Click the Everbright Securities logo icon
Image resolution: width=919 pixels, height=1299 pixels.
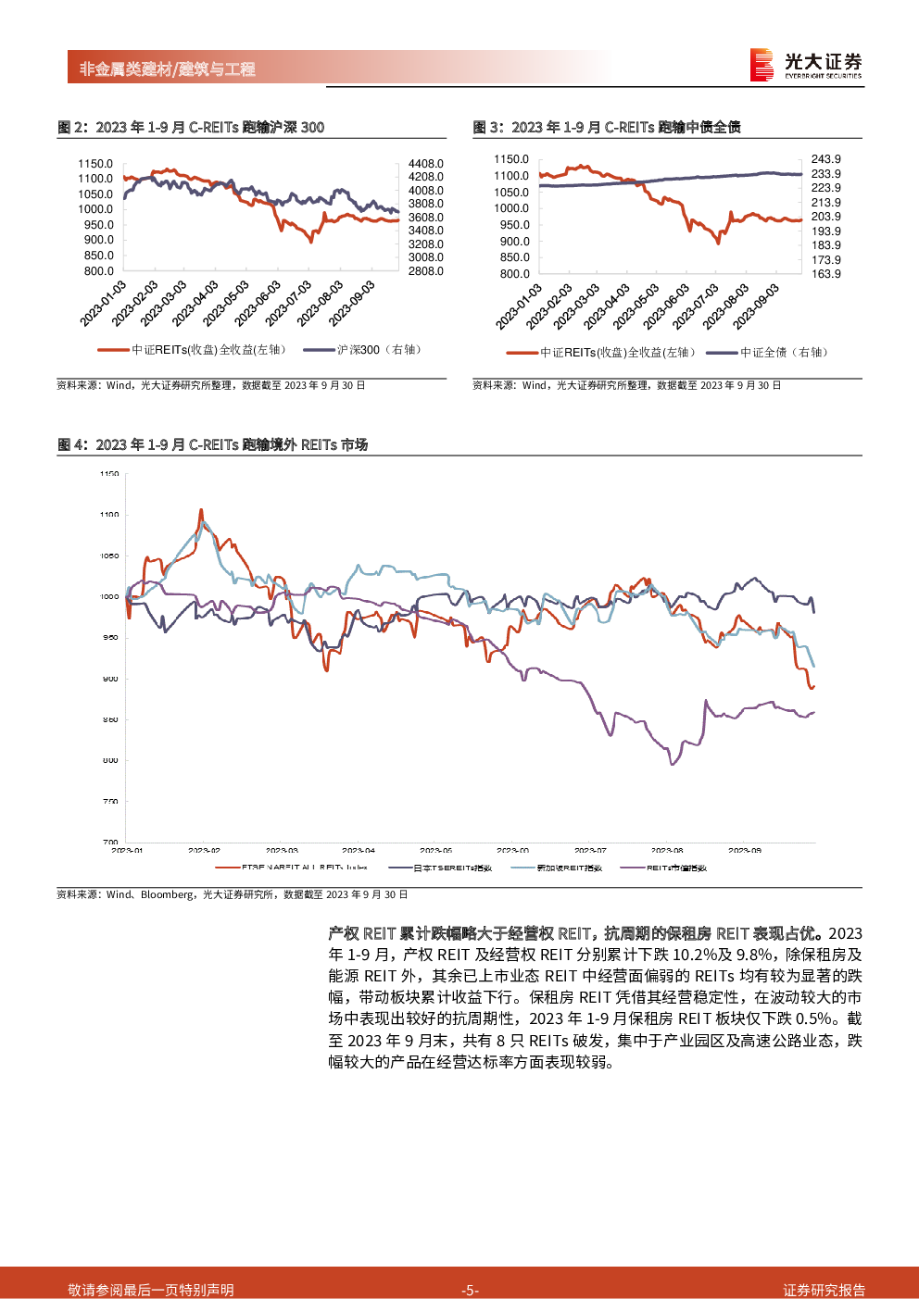click(x=762, y=65)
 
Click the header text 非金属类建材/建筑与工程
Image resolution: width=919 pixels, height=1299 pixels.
click(x=167, y=69)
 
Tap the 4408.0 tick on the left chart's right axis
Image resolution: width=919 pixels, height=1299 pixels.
click(x=425, y=164)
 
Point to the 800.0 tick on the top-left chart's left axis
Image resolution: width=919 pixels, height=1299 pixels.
click(x=98, y=271)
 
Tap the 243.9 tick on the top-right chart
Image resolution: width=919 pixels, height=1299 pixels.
click(x=825, y=159)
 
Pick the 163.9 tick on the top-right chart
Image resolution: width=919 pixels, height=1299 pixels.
click(x=825, y=274)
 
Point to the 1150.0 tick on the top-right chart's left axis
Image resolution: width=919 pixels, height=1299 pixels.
click(x=511, y=159)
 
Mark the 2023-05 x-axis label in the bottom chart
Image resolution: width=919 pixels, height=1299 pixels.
click(x=435, y=850)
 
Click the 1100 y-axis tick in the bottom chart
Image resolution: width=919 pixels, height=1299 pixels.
click(x=109, y=515)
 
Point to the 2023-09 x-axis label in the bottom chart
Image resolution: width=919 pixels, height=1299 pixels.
click(x=744, y=850)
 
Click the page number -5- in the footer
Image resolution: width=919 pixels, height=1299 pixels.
click(x=470, y=1290)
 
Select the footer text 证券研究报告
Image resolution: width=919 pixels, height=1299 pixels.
click(x=824, y=1290)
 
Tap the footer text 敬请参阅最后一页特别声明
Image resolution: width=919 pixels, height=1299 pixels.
click(x=151, y=1290)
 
